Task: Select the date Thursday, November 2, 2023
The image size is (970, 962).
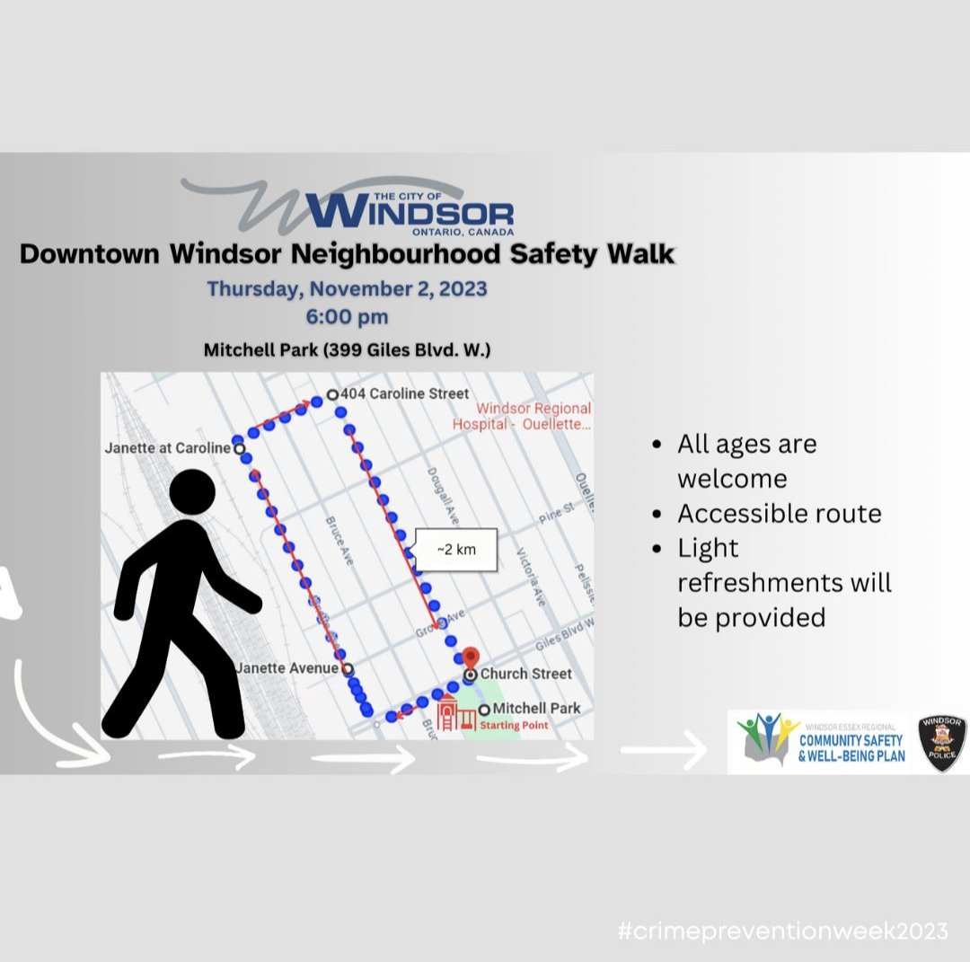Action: pyautogui.click(x=347, y=289)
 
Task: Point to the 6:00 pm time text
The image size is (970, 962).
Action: pyautogui.click(x=347, y=317)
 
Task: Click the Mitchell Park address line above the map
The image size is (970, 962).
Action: pyautogui.click(x=347, y=349)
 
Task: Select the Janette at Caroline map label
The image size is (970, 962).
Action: pyautogui.click(x=168, y=447)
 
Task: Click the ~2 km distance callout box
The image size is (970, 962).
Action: pyautogui.click(x=455, y=550)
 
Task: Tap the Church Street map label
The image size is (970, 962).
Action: pyautogui.click(x=525, y=674)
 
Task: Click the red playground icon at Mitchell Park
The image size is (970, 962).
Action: pyautogui.click(x=456, y=715)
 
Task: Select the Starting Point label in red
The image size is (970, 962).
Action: pyautogui.click(x=513, y=726)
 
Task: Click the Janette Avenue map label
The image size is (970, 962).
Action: pyautogui.click(x=287, y=668)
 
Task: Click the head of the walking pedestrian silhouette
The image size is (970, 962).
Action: pyautogui.click(x=197, y=495)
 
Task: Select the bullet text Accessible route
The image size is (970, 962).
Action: pyautogui.click(x=779, y=514)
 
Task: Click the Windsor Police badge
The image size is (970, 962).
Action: pyautogui.click(x=941, y=742)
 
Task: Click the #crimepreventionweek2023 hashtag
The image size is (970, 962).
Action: pyautogui.click(x=782, y=931)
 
